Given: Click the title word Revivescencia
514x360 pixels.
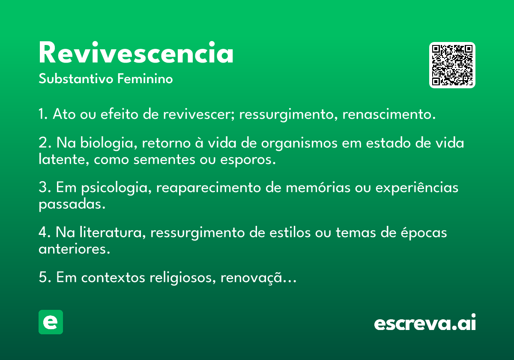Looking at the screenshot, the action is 136,52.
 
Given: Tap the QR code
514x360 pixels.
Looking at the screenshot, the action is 452,65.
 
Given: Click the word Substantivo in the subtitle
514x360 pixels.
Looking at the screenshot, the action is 76,78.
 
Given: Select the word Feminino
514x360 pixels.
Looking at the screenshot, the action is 145,78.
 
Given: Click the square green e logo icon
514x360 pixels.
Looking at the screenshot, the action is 51,322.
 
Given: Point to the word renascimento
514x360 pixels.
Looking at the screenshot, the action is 389,114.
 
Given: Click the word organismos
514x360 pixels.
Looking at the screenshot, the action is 299,143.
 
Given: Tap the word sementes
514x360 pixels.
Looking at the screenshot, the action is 164,159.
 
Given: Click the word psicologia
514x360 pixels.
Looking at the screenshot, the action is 117,188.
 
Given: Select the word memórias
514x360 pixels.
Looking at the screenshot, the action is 318,187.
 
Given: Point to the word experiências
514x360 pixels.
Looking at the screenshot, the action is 417,188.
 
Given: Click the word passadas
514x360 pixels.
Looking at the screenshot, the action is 72,204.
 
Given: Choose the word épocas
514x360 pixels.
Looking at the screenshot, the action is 424,233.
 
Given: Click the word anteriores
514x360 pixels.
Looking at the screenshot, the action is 75,249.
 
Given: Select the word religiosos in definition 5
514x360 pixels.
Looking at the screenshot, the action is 182,278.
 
